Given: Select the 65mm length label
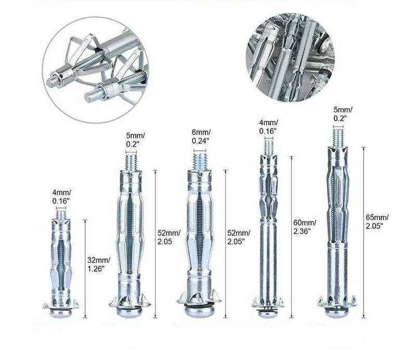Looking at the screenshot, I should [378, 221].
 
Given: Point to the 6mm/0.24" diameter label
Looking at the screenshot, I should [201, 136].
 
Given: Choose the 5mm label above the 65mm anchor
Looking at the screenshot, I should [343, 113].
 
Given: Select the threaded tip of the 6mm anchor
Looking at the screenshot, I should [200, 160].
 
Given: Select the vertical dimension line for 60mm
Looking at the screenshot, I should [291, 234].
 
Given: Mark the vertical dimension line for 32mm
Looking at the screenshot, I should [85, 265].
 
